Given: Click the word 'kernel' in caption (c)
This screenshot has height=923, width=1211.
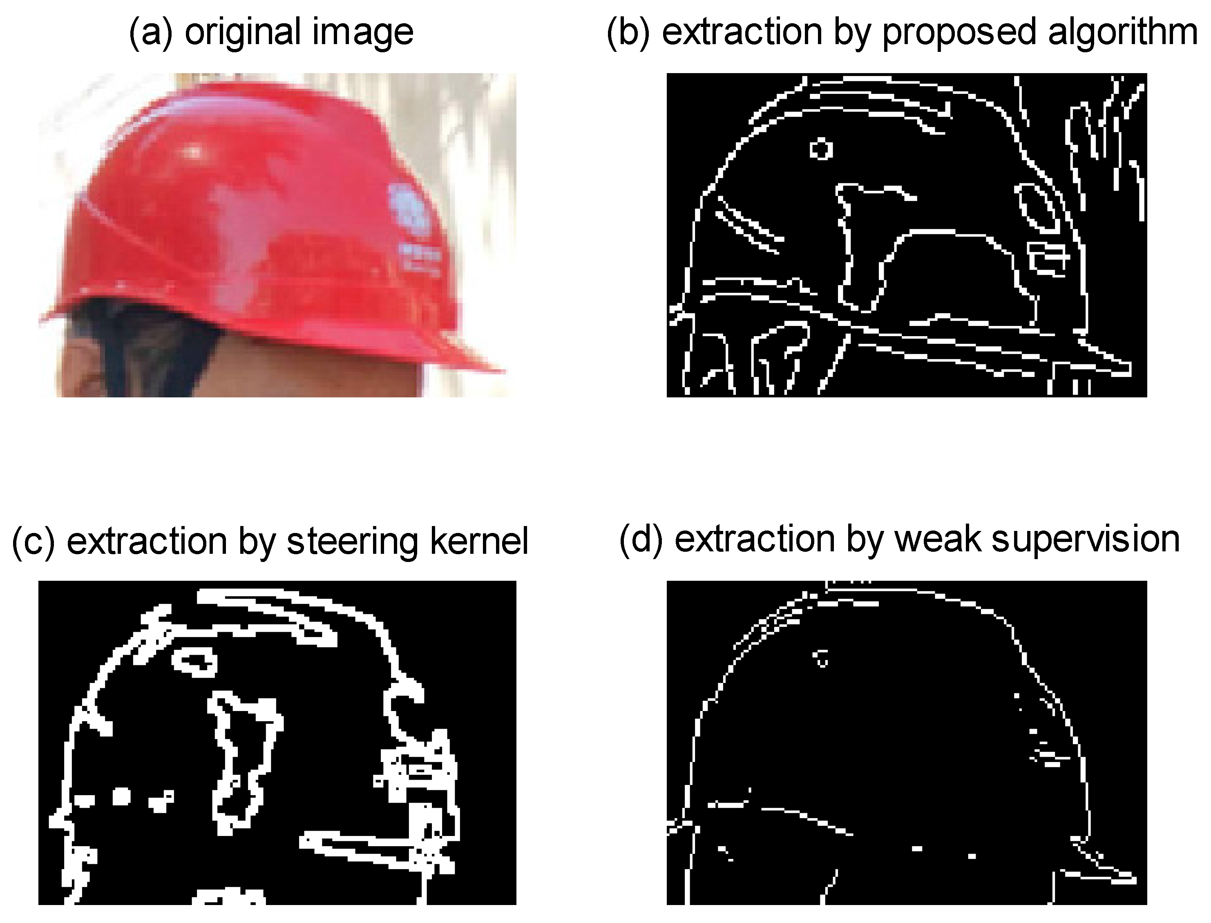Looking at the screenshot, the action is (x=479, y=541).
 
